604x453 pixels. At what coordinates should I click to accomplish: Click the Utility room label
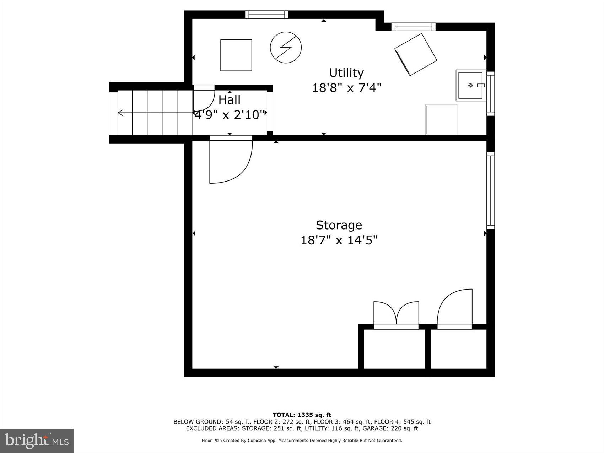tap(346, 73)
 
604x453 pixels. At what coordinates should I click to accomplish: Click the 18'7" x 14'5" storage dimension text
tap(339, 240)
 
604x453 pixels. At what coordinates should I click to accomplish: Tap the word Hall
tap(229, 100)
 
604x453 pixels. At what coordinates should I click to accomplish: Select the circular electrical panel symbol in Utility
tap(286, 48)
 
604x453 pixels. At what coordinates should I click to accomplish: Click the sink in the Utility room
tap(470, 86)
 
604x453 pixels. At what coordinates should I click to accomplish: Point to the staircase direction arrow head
tap(120, 113)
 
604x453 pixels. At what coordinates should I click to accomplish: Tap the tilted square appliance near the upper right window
tap(415, 54)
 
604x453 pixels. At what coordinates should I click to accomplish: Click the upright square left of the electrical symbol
tap(236, 55)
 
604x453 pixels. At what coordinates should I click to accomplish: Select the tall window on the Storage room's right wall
tap(490, 190)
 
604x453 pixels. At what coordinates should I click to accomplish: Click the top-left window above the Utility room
tap(266, 15)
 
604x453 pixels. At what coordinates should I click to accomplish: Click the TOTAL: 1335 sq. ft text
tap(302, 415)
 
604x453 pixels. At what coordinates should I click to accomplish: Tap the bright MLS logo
tap(37, 441)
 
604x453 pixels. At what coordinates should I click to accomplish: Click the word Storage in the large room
tap(339, 225)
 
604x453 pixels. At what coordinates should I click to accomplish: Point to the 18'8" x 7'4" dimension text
tap(346, 88)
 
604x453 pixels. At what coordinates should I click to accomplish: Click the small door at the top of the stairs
tap(204, 98)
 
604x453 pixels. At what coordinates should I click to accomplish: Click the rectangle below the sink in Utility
tap(441, 119)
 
